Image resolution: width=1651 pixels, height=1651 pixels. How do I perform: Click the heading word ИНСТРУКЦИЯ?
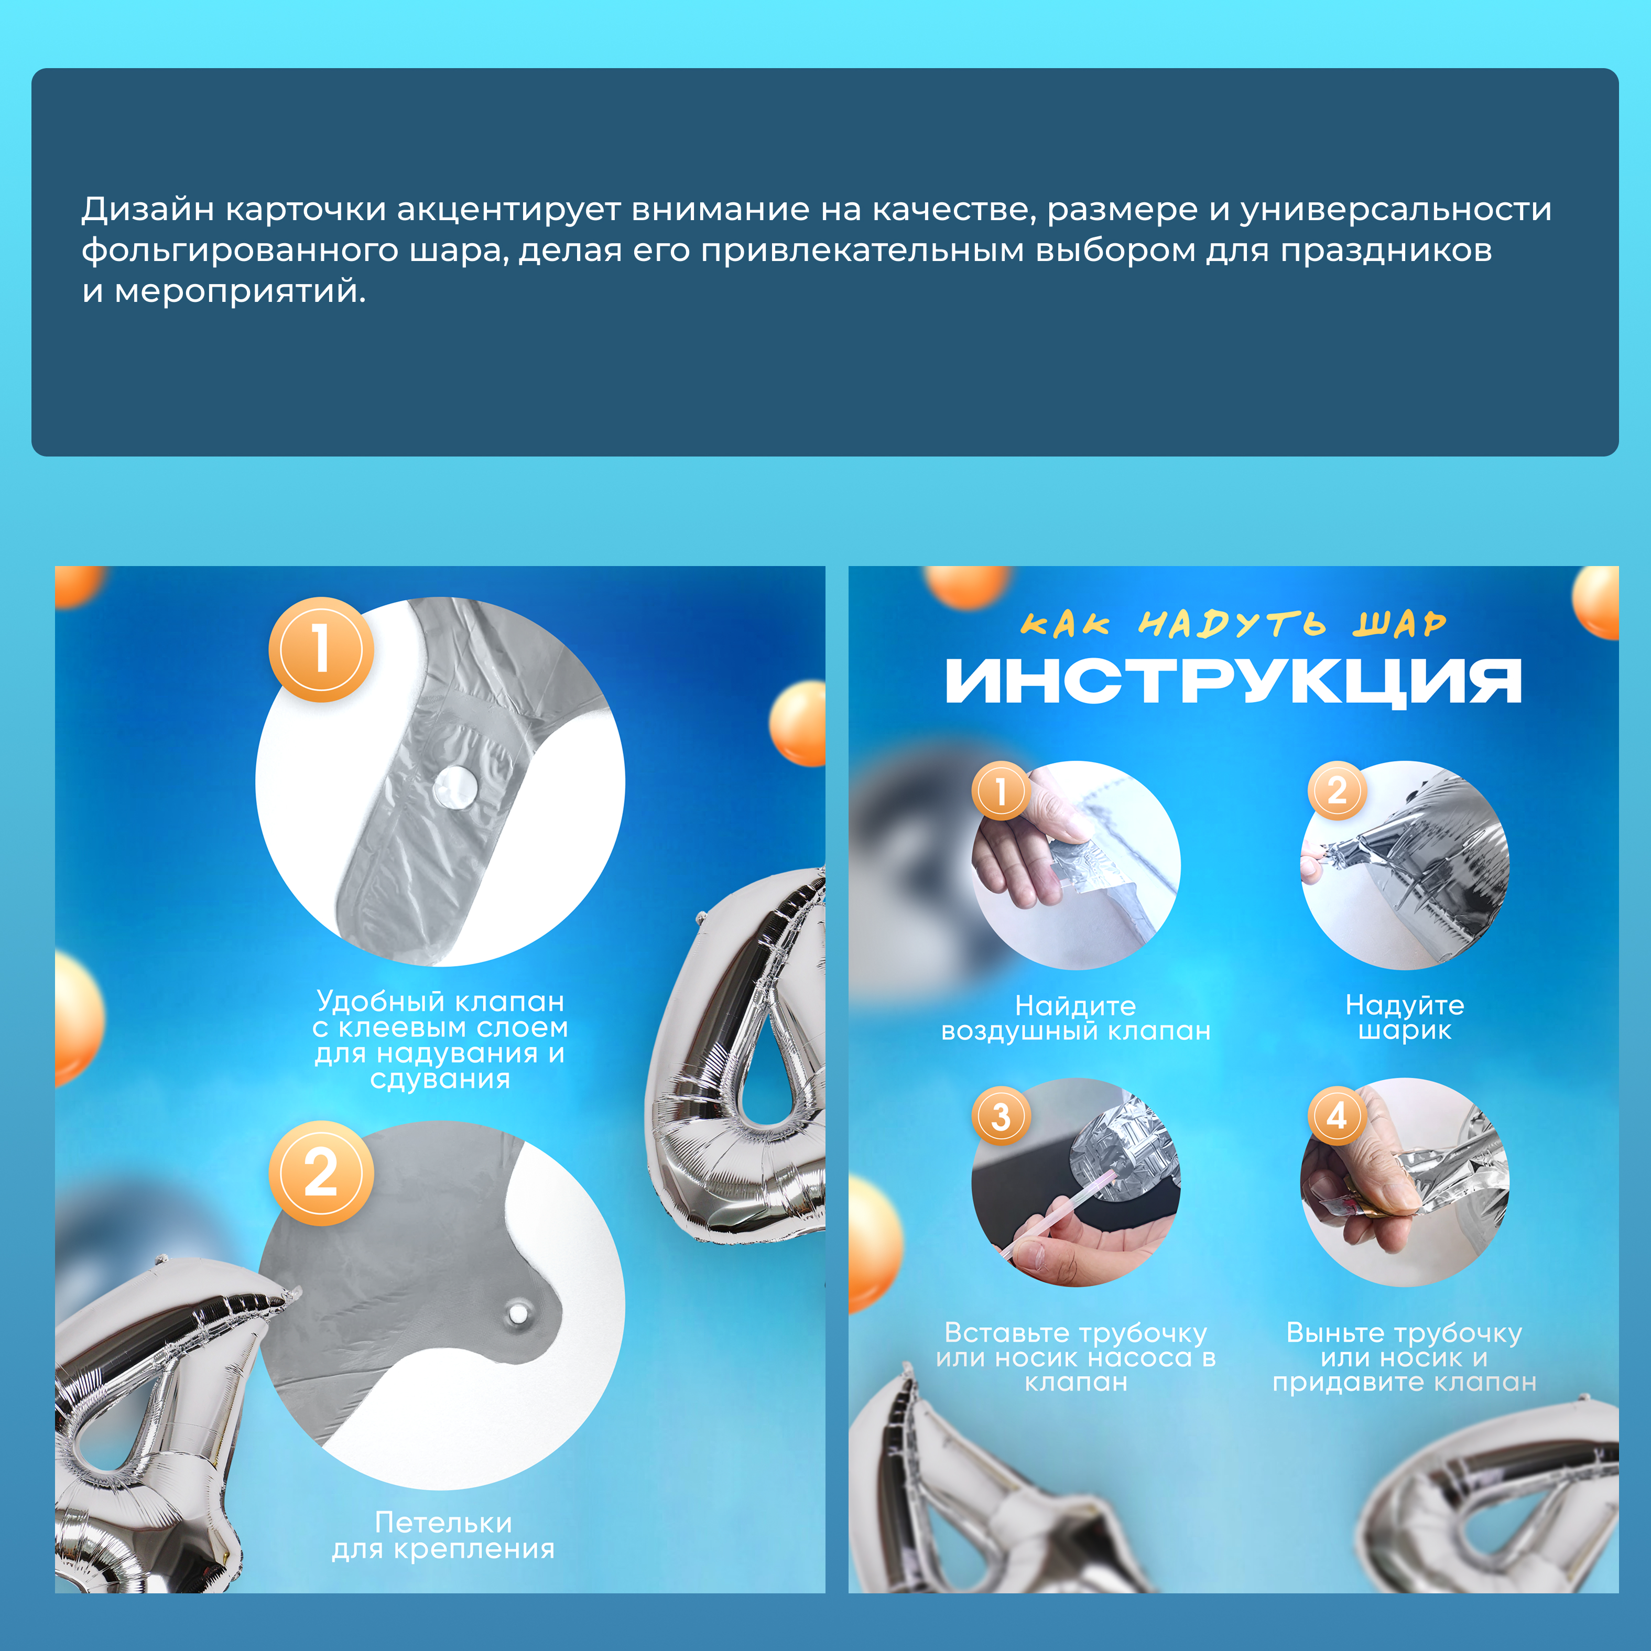(x=1233, y=682)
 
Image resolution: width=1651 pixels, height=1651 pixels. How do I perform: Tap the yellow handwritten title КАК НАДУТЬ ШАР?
(x=1233, y=624)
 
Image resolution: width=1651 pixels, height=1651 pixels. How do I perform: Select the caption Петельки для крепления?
(x=443, y=1535)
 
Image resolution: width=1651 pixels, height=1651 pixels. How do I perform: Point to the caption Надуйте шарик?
(x=1405, y=1017)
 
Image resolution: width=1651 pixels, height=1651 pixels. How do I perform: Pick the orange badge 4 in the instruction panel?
(x=1337, y=1115)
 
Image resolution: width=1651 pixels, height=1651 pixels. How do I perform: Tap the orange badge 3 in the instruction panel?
(x=1001, y=1116)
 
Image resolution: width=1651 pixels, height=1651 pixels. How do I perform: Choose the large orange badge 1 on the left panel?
(x=321, y=649)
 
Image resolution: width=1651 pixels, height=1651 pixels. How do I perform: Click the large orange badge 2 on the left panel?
(x=321, y=1174)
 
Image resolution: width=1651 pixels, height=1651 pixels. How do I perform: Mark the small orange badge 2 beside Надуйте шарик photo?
(x=1337, y=790)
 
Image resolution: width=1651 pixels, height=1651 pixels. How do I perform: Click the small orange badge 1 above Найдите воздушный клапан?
(x=1001, y=790)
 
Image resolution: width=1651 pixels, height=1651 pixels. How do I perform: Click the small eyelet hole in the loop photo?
(x=515, y=1312)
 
